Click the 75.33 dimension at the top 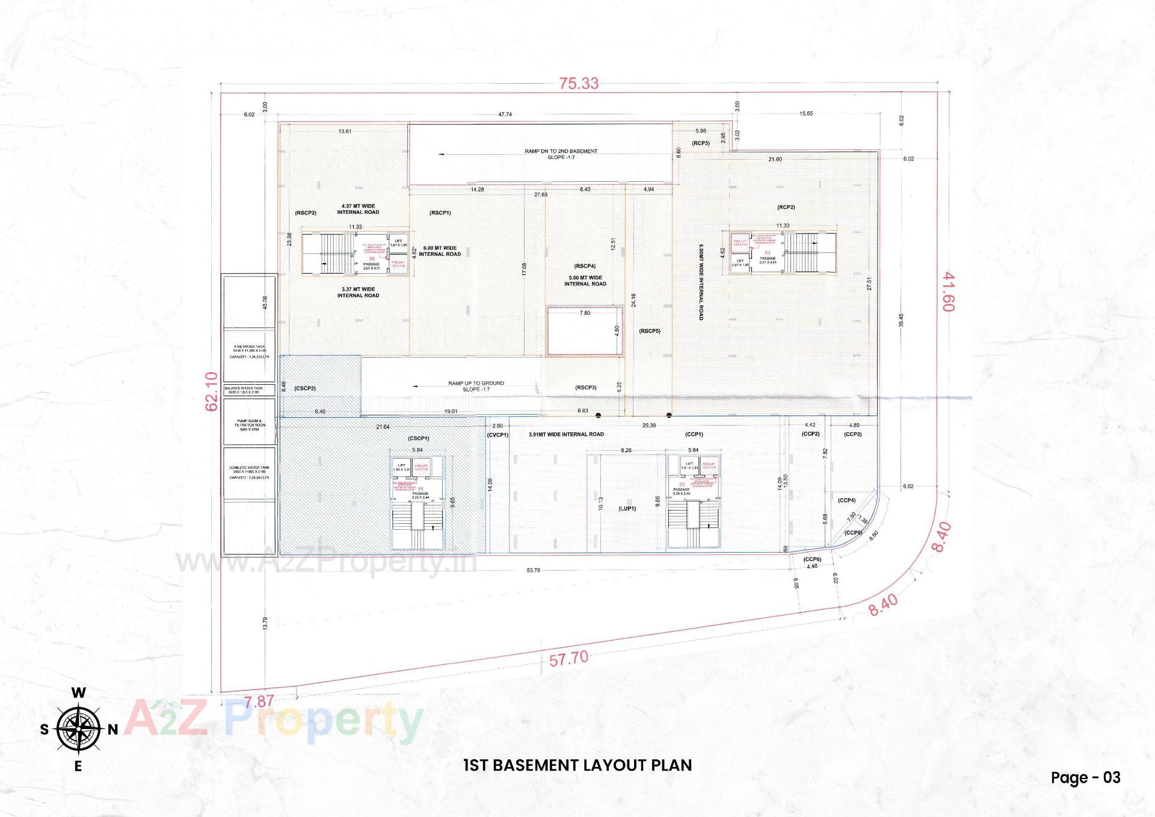coord(579,83)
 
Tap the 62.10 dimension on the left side coord(212,391)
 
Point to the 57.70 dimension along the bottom coord(568,659)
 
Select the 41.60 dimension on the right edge coord(948,291)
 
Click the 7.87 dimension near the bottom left coord(259,702)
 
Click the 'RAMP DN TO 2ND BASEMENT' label coord(561,151)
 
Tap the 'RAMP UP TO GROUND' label coord(476,383)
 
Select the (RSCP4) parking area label coord(585,266)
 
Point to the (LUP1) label coord(627,509)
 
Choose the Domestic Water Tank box coord(249,472)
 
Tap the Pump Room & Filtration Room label coord(249,425)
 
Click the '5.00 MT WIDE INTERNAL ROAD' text coord(585,281)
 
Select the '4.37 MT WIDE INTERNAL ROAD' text coord(358,209)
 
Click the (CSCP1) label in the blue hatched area coord(418,438)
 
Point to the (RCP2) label coord(786,207)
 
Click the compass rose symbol coord(78,729)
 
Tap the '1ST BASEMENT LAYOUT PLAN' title coord(577,765)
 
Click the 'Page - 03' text coord(1086,777)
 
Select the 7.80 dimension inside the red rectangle coord(585,313)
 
